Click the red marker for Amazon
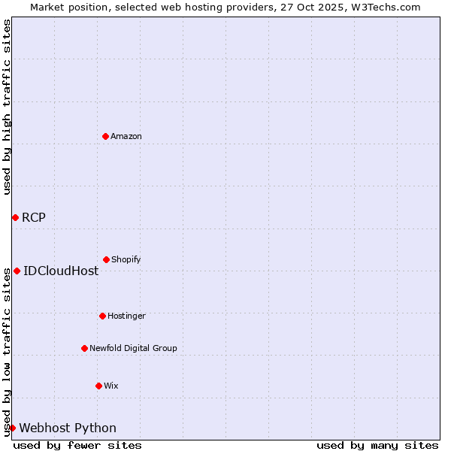(x=105, y=136)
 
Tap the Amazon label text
(x=126, y=137)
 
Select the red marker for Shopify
(x=106, y=259)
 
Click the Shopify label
(x=126, y=260)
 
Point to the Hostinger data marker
(x=102, y=316)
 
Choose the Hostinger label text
(x=126, y=316)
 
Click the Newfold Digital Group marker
(x=84, y=348)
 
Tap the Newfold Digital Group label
(x=133, y=349)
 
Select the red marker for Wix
(x=98, y=386)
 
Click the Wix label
(x=111, y=386)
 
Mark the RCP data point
(x=15, y=217)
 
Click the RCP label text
(x=34, y=218)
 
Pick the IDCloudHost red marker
(x=17, y=271)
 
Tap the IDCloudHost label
(x=61, y=271)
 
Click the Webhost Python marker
(x=12, y=428)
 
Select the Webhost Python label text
(x=68, y=428)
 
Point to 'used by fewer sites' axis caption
(x=77, y=445)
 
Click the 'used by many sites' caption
(x=377, y=445)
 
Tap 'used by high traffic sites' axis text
(x=7, y=107)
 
